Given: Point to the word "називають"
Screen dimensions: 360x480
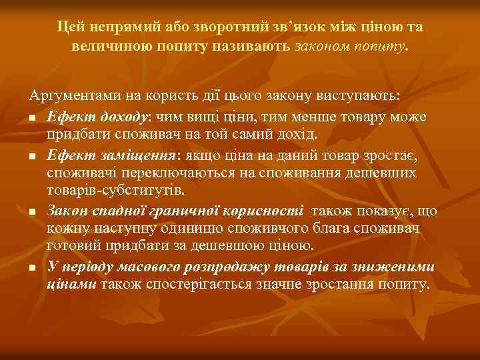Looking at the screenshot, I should (x=256, y=47).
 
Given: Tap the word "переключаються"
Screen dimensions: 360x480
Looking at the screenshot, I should (x=201, y=173).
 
